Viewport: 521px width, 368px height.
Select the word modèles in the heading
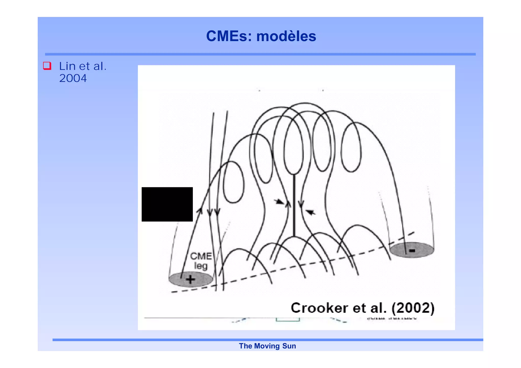tap(286, 36)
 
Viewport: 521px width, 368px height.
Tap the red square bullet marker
tap(47, 66)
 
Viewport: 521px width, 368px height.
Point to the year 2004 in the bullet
tap(73, 78)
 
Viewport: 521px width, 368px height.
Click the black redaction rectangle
tap(167, 204)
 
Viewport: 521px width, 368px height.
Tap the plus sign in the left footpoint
tap(190, 280)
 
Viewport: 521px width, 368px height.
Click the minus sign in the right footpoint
tap(412, 251)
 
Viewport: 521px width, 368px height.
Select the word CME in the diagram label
tap(201, 256)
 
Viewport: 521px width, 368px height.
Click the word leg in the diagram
tap(201, 266)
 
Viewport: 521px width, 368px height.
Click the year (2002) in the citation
tap(413, 308)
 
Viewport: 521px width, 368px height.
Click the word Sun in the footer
tap(289, 346)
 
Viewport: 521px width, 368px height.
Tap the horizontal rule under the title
tap(260, 54)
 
